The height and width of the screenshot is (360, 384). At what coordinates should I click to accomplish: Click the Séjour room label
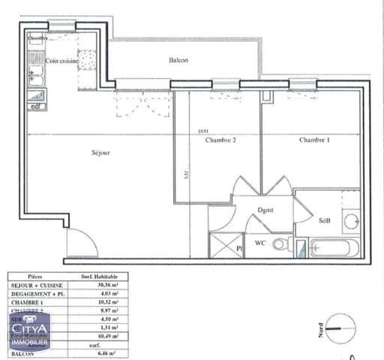100,152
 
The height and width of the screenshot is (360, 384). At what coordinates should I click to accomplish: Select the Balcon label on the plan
178,61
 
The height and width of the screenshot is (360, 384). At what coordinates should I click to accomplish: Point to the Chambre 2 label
220,140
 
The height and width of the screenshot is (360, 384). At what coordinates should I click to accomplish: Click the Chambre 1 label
314,140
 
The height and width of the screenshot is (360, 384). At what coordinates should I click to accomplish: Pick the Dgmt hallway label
263,211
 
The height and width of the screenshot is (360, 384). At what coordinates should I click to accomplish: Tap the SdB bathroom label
325,220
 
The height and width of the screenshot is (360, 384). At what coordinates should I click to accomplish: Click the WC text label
260,243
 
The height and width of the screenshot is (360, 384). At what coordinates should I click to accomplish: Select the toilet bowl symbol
281,244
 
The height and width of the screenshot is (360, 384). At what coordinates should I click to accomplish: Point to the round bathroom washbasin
351,220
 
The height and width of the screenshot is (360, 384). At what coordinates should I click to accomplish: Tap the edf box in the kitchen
35,106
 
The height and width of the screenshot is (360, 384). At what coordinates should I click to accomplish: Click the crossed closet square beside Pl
221,244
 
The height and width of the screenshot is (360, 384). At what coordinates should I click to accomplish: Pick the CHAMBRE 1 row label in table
28,301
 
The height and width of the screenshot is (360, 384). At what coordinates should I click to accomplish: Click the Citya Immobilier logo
30,331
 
